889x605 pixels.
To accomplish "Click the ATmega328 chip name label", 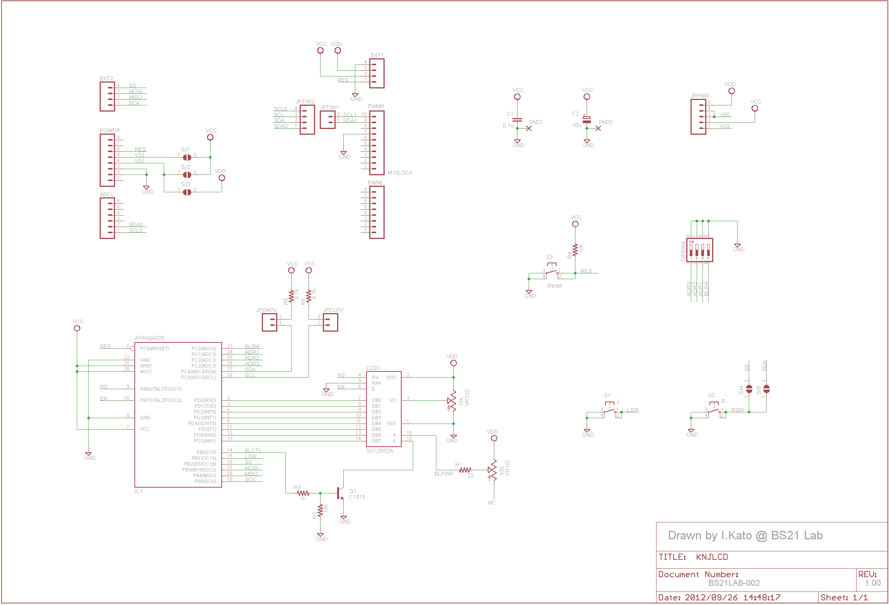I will click(149, 338).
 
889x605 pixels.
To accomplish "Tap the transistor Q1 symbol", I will click(340, 493).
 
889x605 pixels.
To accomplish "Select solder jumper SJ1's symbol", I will click(187, 157).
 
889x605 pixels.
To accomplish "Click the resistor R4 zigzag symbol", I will click(575, 250).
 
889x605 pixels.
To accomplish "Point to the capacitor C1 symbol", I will click(517, 120).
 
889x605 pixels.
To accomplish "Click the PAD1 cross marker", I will click(529, 128).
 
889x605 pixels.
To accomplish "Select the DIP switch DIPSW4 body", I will click(699, 250).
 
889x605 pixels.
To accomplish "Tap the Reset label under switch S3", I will click(555, 286).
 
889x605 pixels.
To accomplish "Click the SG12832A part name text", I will click(379, 451).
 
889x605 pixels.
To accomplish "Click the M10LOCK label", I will click(400, 173).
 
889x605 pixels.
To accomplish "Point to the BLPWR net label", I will click(444, 474).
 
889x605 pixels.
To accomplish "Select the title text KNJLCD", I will click(712, 557).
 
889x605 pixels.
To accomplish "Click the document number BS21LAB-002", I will click(734, 583).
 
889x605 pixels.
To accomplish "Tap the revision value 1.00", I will click(872, 583).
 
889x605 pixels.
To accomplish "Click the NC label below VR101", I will click(491, 503).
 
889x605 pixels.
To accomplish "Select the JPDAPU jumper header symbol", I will click(270, 322).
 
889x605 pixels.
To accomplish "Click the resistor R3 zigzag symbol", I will click(304, 493).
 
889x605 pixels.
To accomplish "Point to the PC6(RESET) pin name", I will click(154, 349).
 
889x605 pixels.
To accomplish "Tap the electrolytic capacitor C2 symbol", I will click(587, 120).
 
